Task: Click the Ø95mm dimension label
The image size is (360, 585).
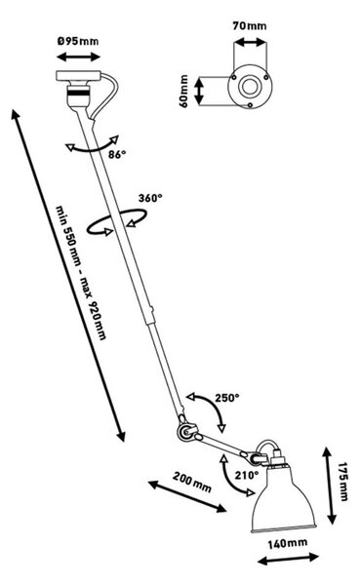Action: (78, 40)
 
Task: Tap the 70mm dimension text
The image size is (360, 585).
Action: (250, 25)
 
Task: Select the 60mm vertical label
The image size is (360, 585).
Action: (184, 92)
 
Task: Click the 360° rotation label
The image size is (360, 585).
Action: (150, 198)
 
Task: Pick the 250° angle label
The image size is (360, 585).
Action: (226, 398)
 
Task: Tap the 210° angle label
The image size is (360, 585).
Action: (247, 475)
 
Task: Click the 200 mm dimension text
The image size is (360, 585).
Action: (191, 482)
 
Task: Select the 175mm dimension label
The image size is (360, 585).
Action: (342, 482)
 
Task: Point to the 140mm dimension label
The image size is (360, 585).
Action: (288, 543)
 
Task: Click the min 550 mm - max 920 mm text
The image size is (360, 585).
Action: (81, 272)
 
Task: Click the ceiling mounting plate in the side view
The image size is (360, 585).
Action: (78, 75)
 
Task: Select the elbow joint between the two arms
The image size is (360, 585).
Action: (186, 431)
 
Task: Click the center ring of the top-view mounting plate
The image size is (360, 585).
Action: (249, 86)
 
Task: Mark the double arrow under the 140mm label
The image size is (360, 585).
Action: (288, 560)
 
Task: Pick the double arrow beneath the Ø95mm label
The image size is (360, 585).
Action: (78, 58)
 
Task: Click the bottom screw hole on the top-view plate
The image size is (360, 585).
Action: (250, 105)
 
